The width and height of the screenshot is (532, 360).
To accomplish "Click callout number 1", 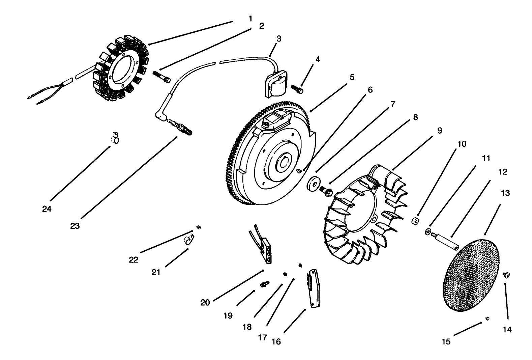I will pos(250,19).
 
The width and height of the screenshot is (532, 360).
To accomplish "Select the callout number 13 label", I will pos(505,193).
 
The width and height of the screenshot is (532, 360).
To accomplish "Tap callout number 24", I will pos(47,209).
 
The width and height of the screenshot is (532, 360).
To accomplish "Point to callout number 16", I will pos(276,341).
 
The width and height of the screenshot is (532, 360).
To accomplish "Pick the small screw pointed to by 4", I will pos(297,89).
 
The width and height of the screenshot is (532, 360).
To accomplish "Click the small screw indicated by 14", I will pos(506,275).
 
